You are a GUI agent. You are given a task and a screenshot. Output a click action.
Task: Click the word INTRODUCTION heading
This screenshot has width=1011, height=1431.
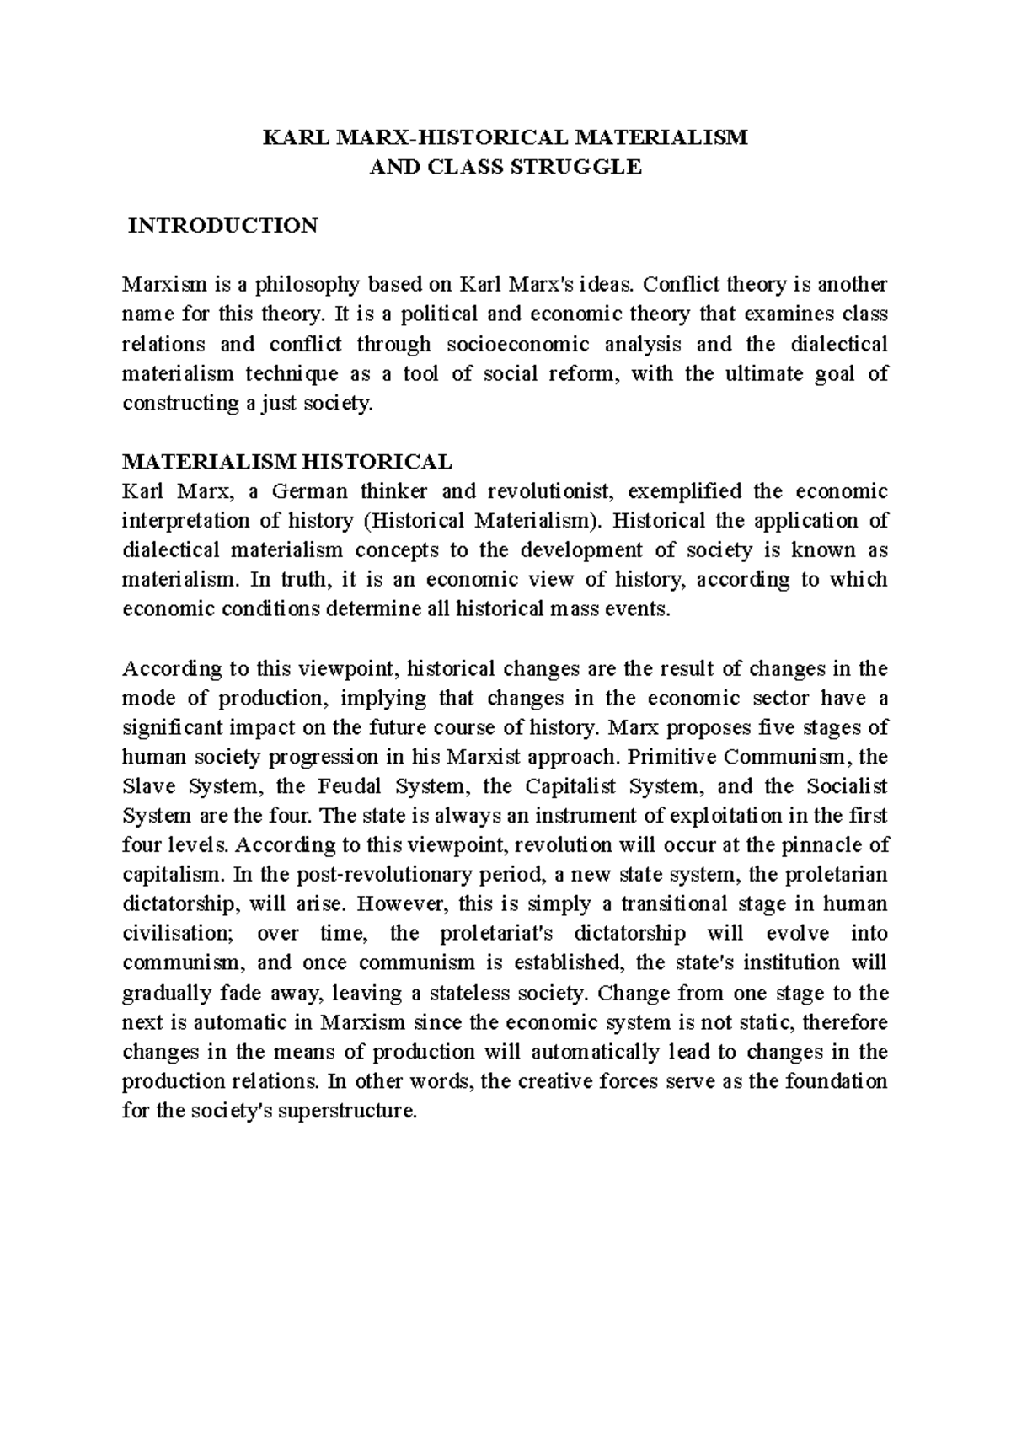tap(222, 226)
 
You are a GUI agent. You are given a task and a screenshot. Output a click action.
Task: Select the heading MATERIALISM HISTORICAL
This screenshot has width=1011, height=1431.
tap(287, 462)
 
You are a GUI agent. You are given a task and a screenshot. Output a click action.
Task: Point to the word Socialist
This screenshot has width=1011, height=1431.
tap(847, 786)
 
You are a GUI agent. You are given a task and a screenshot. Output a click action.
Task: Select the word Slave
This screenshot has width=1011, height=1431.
tap(149, 786)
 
